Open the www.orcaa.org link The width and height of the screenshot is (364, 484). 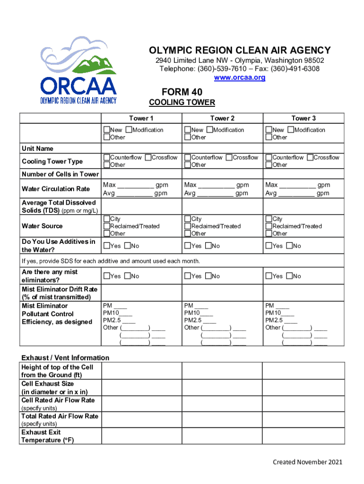240,78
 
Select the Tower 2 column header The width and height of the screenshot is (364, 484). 222,118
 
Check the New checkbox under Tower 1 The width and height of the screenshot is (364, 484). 107,130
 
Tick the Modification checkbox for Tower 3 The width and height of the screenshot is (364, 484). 291,130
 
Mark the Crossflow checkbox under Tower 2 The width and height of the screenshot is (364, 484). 229,157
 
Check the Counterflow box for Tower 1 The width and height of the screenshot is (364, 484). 107,157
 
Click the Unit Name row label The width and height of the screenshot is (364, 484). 37,149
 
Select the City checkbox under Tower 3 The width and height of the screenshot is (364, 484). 269,219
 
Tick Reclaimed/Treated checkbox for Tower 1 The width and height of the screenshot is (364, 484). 107,226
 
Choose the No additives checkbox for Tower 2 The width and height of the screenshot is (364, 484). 208,246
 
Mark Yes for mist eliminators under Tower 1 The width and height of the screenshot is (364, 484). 107,276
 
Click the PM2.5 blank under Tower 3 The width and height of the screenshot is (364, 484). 290,320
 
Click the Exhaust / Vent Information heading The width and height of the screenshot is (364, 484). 65,358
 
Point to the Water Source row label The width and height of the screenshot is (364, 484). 42,226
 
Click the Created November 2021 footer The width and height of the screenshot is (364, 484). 307,462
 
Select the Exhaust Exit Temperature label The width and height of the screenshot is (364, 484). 47,436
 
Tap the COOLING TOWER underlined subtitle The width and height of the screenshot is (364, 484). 182,103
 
